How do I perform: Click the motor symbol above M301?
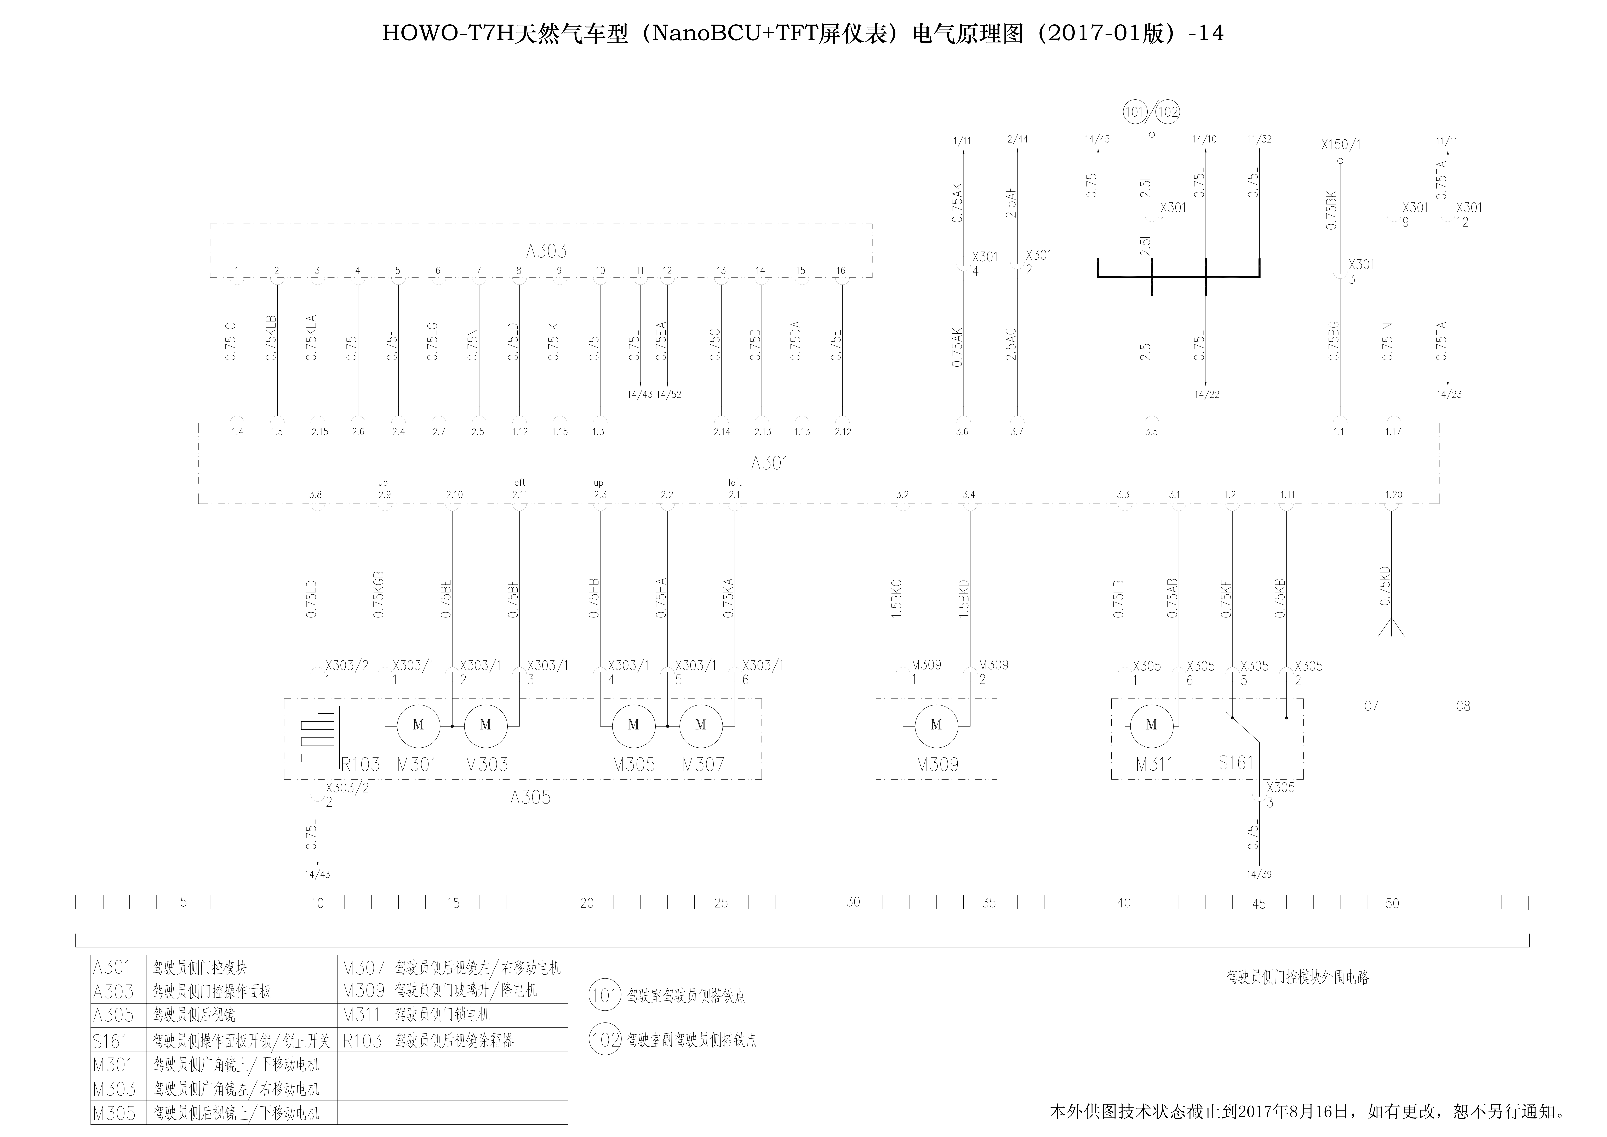coord(419,725)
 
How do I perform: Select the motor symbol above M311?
coord(1151,725)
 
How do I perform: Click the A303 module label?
coord(546,251)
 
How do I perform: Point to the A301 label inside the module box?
coord(769,463)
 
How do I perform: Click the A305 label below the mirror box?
coord(530,797)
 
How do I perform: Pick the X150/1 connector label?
coord(1341,145)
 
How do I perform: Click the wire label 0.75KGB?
coord(379,595)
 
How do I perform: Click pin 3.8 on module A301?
coord(316,494)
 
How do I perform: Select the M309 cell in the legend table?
coord(363,991)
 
